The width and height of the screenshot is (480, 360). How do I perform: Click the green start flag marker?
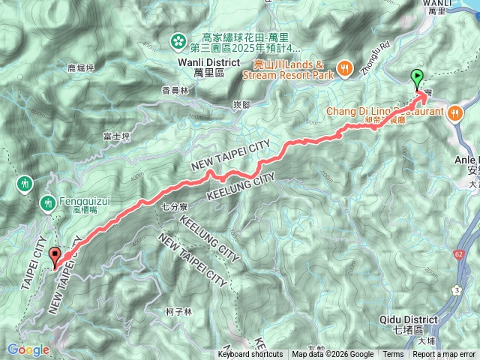tap(417, 76)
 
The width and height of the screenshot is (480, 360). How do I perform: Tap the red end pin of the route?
tap(54, 256)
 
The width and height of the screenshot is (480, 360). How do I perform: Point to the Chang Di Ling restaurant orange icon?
tap(455, 112)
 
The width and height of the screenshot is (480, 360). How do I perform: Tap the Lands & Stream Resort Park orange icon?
tap(344, 68)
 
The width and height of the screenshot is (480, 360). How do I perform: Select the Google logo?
tap(27, 349)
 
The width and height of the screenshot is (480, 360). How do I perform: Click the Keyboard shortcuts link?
tap(250, 355)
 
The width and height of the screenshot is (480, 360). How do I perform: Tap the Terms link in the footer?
tap(393, 355)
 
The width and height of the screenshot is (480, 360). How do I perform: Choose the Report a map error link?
tap(443, 355)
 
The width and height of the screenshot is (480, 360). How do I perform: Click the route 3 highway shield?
tap(456, 289)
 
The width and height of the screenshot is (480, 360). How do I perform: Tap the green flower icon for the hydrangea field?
tap(180, 40)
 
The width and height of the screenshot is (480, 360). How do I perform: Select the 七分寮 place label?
tap(174, 205)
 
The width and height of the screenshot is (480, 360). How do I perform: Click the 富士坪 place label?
tap(116, 136)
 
